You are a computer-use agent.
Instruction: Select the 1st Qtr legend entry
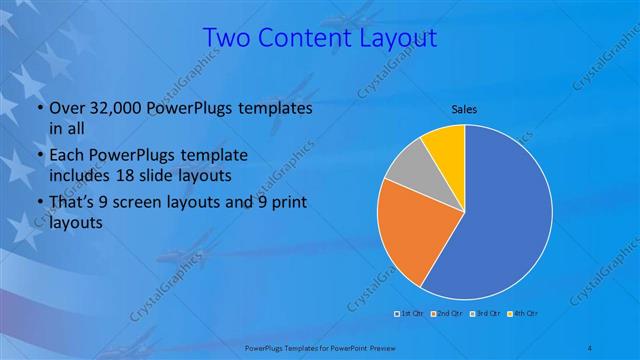(x=411, y=314)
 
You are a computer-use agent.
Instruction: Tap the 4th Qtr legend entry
(x=525, y=314)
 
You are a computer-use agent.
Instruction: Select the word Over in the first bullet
(x=64, y=108)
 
